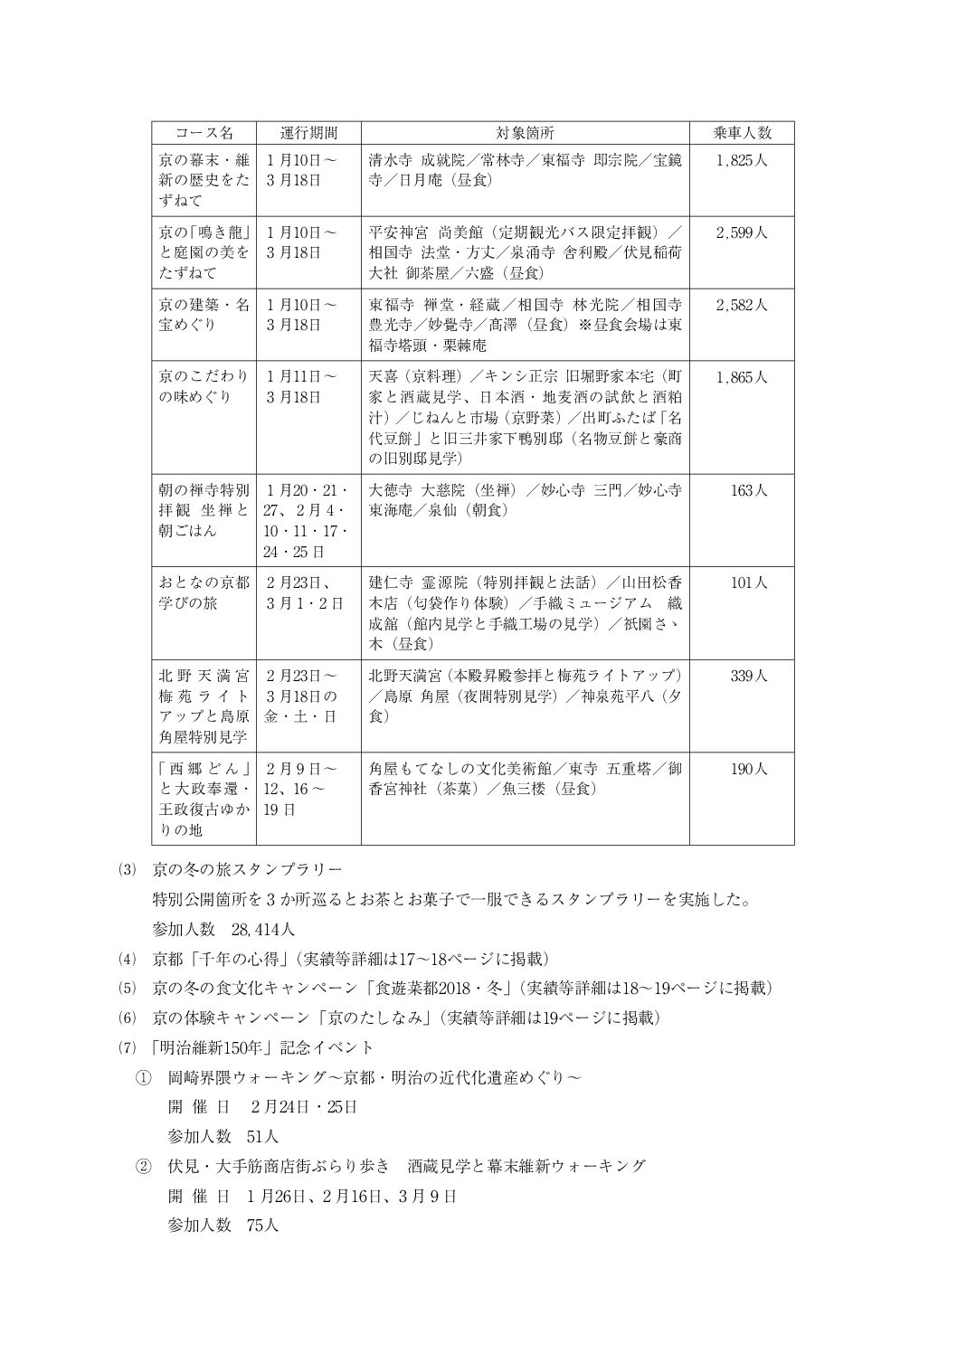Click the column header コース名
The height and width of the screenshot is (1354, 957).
[x=204, y=133]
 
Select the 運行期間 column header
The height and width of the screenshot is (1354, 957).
[x=308, y=133]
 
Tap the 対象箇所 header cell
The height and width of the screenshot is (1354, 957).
[x=525, y=133]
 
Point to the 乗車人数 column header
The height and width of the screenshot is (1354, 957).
[x=742, y=133]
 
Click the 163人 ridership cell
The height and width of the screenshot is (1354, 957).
[x=749, y=490]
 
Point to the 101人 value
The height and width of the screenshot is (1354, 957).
[x=749, y=582]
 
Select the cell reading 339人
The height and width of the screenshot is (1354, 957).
[x=749, y=676]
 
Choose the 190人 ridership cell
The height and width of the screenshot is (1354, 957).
[x=749, y=769]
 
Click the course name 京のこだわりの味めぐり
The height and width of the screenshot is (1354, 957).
[x=204, y=386]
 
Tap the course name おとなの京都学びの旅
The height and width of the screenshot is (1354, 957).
[x=204, y=592]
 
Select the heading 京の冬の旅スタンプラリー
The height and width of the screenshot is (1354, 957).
[x=247, y=870]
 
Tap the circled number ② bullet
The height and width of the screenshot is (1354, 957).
[x=143, y=1166]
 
